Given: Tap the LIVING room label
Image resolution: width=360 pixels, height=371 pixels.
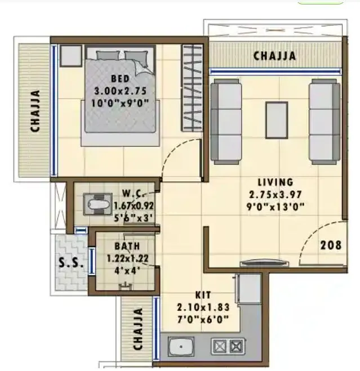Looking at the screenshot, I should click(275, 182).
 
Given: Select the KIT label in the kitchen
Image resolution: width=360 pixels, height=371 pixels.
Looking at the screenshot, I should click(203, 295).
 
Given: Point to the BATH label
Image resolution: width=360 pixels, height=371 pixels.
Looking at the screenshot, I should click(127, 247).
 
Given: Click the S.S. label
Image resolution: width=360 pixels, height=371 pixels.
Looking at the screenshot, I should click(72, 263).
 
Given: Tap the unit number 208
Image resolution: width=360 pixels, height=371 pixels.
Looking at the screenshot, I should click(331, 245).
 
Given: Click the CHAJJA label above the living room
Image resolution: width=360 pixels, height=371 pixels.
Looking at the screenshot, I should click(274, 56).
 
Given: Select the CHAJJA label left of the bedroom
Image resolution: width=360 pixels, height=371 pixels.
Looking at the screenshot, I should click(35, 111).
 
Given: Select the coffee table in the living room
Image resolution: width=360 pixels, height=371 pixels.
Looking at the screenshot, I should click(275, 119).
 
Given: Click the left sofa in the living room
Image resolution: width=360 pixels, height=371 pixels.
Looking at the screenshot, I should click(227, 120).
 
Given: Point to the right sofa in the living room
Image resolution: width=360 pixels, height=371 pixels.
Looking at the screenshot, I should click(324, 120).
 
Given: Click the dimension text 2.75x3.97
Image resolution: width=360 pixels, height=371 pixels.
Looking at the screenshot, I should click(275, 194).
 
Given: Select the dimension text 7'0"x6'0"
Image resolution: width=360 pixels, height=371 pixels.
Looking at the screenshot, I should click(203, 319).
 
